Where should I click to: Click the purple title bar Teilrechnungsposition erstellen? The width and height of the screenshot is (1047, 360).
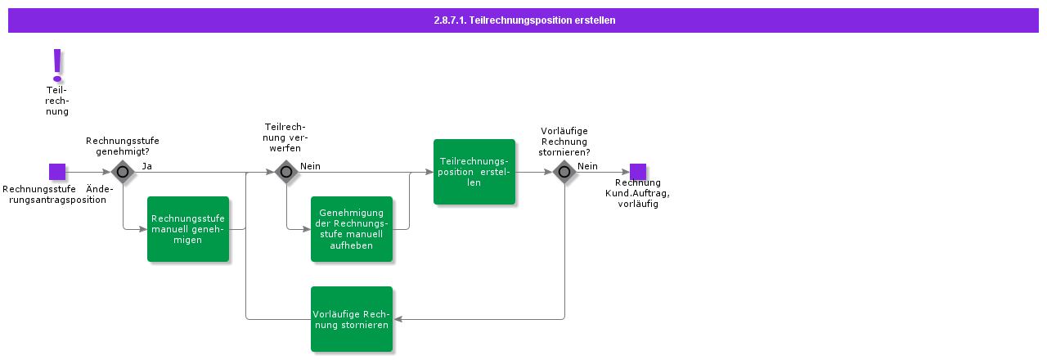click(523, 20)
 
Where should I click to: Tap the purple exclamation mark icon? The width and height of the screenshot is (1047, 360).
click(57, 64)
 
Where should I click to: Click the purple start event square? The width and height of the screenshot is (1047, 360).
click(57, 172)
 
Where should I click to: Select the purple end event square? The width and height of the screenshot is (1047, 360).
click(638, 172)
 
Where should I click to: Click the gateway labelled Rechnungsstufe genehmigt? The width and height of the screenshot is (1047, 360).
click(123, 172)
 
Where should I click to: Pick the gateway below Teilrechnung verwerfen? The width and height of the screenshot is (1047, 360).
click(285, 172)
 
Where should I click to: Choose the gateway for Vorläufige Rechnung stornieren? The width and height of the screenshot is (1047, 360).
click(564, 172)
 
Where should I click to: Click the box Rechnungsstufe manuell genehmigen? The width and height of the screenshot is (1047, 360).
click(188, 229)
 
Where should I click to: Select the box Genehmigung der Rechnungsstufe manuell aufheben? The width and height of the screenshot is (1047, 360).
click(352, 229)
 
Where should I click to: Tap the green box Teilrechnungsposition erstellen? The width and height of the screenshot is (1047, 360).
click(474, 172)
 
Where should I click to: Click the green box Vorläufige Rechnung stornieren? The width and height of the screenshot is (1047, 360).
click(352, 319)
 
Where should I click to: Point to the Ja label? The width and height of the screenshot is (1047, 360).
click(147, 166)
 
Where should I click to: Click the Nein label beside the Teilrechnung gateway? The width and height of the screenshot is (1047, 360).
click(310, 166)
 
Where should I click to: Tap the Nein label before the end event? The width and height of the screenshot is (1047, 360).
click(587, 166)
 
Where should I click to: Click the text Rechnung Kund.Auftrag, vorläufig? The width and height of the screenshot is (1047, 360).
click(638, 193)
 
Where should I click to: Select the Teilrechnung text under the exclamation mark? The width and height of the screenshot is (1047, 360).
click(57, 101)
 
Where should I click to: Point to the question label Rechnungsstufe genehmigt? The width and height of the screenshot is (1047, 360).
click(123, 146)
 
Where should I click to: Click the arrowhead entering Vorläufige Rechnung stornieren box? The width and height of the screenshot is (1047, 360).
click(397, 319)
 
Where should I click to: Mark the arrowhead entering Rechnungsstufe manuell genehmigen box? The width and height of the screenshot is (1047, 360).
click(143, 229)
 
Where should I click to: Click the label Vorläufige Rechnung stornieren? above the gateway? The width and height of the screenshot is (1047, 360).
click(564, 142)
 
